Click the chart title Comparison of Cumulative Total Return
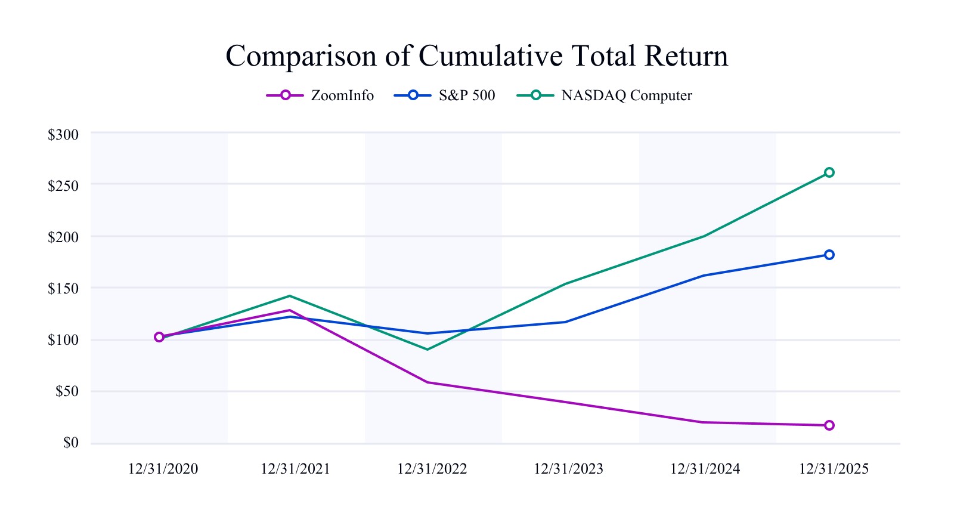pos(476,56)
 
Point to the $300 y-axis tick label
pos(63,135)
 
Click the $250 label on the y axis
pos(63,186)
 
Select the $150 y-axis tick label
pos(63,289)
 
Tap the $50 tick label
pos(67,392)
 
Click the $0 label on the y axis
pos(70,443)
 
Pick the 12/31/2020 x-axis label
pos(163,469)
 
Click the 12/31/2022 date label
pos(432,469)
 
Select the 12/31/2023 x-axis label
pos(568,469)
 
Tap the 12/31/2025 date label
pos(834,469)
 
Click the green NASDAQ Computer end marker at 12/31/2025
pos(829,172)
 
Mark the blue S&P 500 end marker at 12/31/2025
pos(829,255)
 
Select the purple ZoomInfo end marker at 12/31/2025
pos(829,425)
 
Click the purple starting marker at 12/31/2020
pos(159,337)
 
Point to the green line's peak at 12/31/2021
pos(290,296)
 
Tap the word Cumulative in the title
pos(490,56)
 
